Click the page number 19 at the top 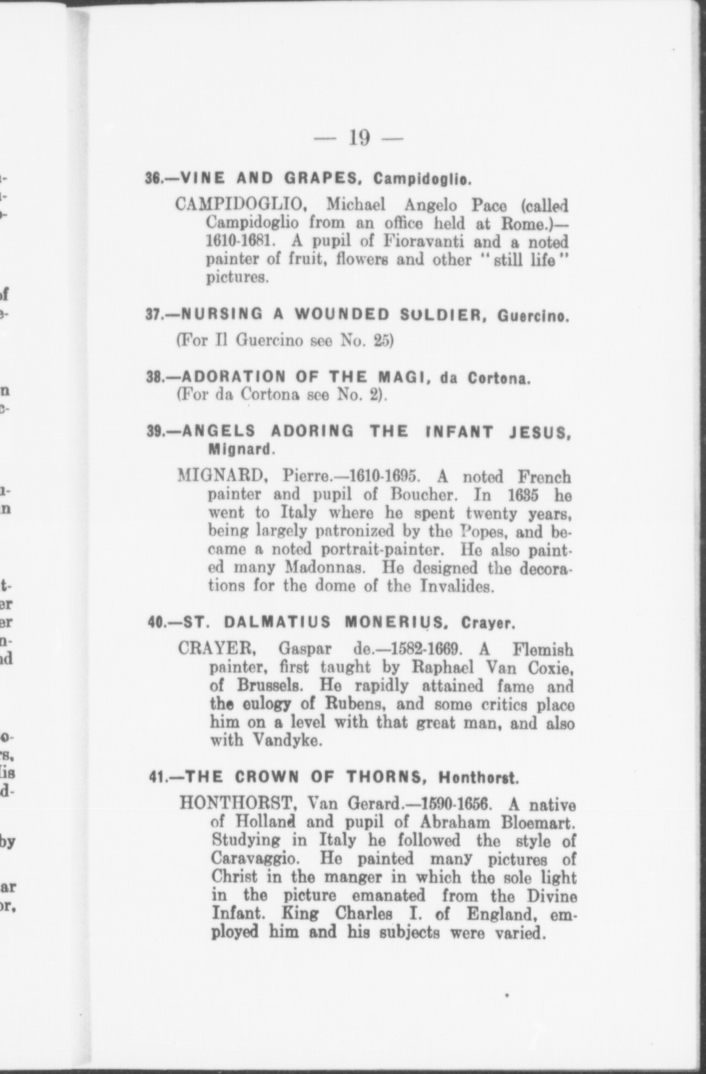[359, 137]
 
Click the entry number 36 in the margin [154, 178]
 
